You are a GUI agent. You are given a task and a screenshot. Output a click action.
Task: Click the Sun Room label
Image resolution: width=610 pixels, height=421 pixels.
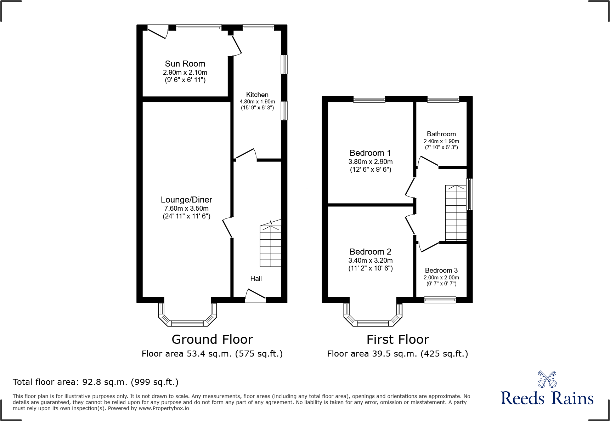(185, 64)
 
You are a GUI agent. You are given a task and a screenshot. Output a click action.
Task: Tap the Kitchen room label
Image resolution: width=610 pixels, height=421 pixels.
(257, 95)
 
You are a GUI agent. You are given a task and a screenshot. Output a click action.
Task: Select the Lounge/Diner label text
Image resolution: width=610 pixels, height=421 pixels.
(186, 200)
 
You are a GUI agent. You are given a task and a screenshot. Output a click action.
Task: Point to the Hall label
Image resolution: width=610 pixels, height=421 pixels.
(256, 279)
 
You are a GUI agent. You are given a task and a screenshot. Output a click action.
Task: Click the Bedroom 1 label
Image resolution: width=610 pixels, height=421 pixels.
(370, 153)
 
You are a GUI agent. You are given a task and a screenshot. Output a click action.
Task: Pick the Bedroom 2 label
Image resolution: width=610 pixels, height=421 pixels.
(370, 252)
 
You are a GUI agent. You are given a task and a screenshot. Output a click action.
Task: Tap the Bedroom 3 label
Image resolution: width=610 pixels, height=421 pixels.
(441, 271)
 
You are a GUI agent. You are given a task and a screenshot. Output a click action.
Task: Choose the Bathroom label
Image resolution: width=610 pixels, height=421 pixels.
(441, 134)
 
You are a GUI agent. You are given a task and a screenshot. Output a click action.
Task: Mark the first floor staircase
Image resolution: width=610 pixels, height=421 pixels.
(456, 213)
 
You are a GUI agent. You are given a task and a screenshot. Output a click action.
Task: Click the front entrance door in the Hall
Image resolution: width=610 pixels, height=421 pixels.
(255, 296)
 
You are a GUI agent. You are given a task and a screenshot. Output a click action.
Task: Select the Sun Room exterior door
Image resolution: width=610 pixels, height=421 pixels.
(158, 32)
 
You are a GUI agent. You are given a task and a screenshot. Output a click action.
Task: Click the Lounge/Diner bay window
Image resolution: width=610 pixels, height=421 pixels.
(187, 314)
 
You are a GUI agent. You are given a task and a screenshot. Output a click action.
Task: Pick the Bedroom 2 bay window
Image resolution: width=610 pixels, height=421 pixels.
(373, 314)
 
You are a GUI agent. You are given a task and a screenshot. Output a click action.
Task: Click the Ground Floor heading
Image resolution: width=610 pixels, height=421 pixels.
(212, 340)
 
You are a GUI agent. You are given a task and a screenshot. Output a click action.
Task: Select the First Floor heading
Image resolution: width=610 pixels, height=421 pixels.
(398, 340)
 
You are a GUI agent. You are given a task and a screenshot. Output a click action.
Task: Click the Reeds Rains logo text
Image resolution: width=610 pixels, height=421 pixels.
(547, 398)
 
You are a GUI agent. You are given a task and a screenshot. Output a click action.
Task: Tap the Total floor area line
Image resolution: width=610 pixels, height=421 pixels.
(96, 382)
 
